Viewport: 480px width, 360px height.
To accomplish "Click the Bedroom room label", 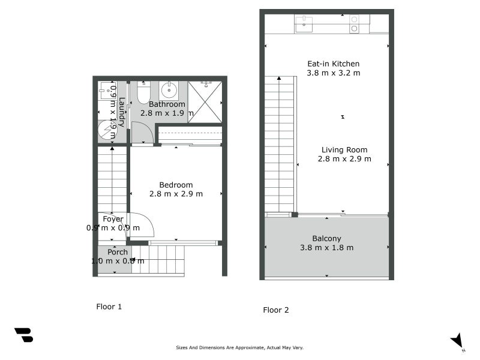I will [x=176, y=185].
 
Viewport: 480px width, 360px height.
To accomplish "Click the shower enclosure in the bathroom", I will [x=205, y=102].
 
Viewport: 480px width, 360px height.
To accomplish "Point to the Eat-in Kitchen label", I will [x=333, y=64].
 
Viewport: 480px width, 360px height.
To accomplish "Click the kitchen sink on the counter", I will [x=304, y=24].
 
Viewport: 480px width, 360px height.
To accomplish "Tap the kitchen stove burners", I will [x=354, y=24].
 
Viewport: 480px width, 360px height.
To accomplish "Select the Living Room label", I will [x=344, y=150].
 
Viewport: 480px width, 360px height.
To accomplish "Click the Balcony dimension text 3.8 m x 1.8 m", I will [x=326, y=247].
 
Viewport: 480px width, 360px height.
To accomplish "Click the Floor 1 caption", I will [x=109, y=307].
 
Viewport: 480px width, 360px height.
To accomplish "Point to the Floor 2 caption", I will [x=276, y=310].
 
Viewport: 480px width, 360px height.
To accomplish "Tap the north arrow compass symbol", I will [x=458, y=341].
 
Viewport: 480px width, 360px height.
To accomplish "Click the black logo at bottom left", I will [x=23, y=335].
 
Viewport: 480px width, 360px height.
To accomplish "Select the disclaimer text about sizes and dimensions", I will [x=239, y=347].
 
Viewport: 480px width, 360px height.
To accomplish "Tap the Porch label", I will [x=118, y=252].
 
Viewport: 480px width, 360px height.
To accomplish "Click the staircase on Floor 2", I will [x=280, y=144].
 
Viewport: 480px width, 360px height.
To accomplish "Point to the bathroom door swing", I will [x=142, y=132].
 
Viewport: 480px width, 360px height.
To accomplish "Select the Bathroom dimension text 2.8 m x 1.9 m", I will [x=167, y=113].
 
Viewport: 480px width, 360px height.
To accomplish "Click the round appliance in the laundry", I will [x=107, y=130].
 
